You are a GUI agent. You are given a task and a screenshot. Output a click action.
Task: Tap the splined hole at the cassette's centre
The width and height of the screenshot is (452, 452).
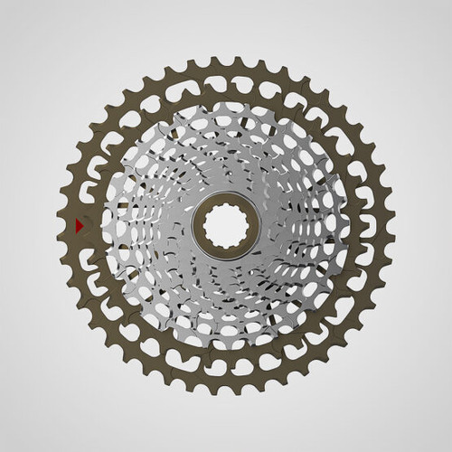coord(225,225)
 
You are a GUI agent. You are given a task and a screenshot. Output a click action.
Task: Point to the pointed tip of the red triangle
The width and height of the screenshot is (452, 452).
coord(85,225)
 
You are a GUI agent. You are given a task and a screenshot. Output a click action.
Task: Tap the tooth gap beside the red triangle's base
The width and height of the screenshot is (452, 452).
coord(73,225)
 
